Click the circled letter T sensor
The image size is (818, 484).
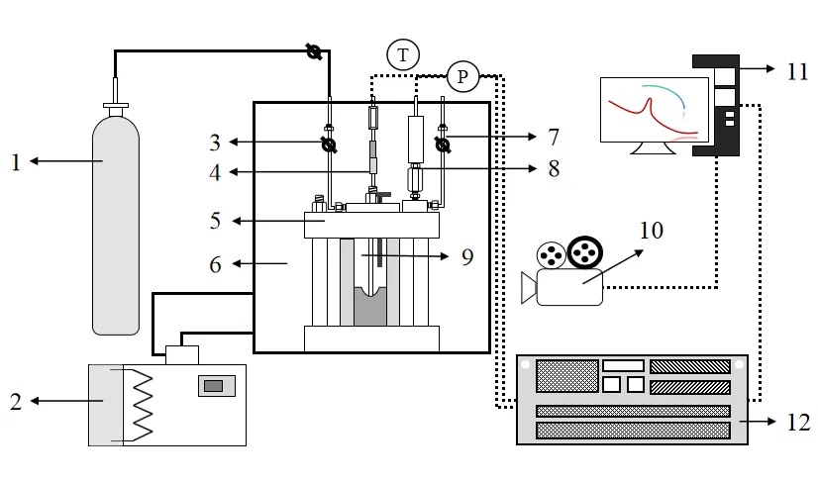tap(403, 54)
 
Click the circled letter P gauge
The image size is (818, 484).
tap(462, 76)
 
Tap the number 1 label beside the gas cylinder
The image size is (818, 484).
tap(16, 162)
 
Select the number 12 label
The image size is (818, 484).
tap(798, 422)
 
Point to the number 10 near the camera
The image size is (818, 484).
tap(652, 230)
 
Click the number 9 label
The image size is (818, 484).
tap(467, 256)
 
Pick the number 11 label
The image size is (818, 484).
tap(797, 71)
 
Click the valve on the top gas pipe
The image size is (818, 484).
tap(313, 51)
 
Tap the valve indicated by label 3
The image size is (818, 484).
tap(329, 145)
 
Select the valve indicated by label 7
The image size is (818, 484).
tap(443, 145)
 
